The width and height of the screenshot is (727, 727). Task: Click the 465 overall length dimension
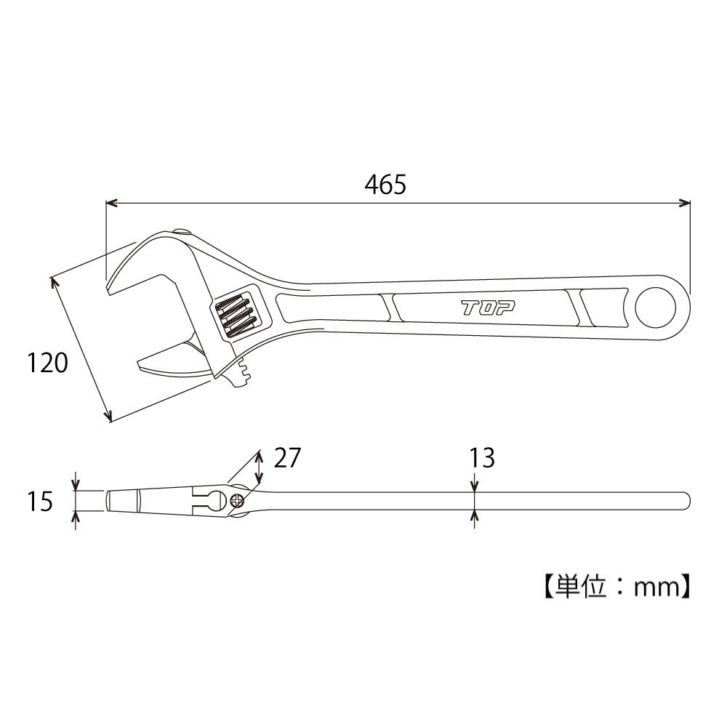pos(385,185)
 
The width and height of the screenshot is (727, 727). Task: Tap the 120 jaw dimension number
pos(48,362)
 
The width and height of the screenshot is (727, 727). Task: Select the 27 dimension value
pos(286,458)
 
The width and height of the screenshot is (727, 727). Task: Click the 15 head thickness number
pos(41,501)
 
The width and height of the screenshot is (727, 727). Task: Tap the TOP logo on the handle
pos(488,307)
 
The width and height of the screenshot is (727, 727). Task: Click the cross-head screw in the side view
pos(237,500)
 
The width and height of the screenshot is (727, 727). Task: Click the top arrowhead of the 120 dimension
pos(53,281)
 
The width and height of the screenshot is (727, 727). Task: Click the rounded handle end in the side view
pos(685,501)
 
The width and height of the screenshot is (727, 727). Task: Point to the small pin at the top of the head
pos(181,232)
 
